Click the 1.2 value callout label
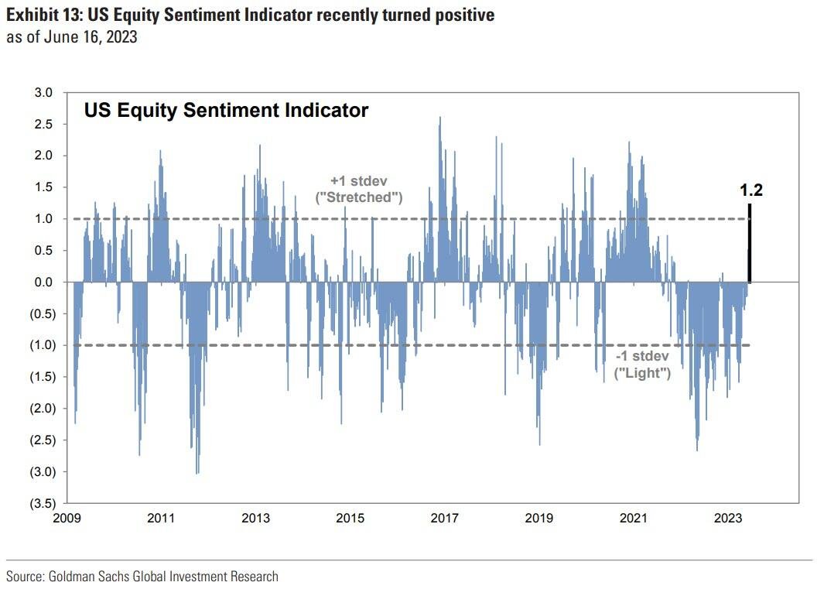[750, 190]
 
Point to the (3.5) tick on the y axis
[43, 503]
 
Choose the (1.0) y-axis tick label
[43, 345]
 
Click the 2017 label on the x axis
[445, 519]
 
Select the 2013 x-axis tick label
[256, 519]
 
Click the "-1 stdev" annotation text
[641, 357]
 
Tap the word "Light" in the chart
[642, 372]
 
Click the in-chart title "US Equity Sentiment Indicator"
[226, 111]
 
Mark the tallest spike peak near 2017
[440, 118]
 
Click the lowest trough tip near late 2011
[197, 472]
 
